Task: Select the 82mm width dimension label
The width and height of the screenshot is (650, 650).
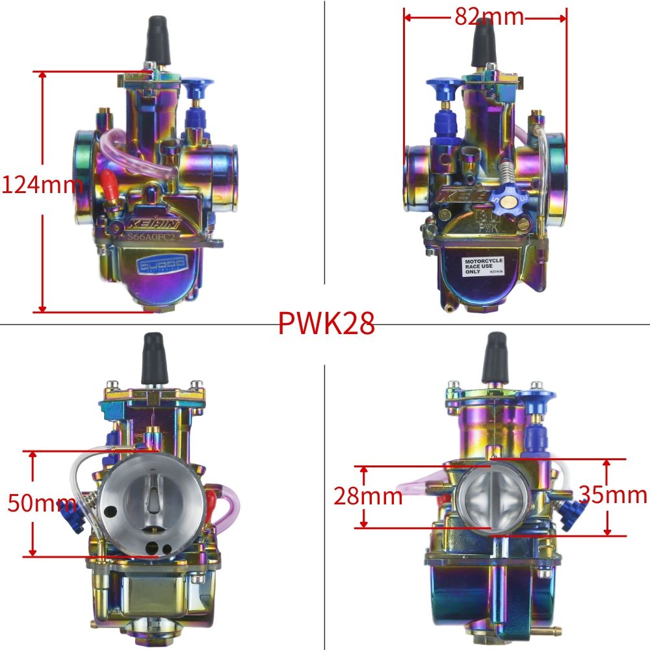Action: click(489, 16)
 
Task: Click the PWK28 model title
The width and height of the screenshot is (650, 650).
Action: click(326, 323)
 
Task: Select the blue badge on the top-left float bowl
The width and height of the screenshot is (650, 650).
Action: click(161, 263)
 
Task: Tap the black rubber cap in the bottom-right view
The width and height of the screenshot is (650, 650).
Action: click(494, 357)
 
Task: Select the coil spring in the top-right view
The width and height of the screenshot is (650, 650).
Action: click(506, 172)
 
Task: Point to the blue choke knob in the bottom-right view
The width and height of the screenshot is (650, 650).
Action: click(537, 398)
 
